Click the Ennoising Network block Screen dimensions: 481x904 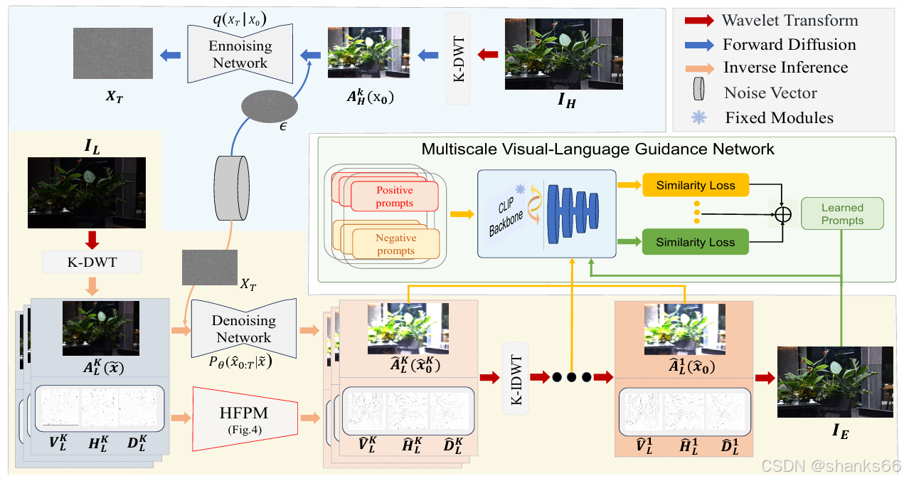coord(240,54)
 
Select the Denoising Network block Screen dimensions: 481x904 coord(243,329)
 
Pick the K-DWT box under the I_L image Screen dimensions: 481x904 coord(92,262)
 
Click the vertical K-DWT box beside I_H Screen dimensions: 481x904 coord(458,58)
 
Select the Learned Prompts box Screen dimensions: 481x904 coord(842,213)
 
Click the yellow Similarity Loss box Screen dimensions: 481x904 coord(695,185)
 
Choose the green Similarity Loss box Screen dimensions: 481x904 coord(695,242)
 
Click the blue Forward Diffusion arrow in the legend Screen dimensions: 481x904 coord(700,45)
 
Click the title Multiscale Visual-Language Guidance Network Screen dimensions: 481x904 coord(597,149)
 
